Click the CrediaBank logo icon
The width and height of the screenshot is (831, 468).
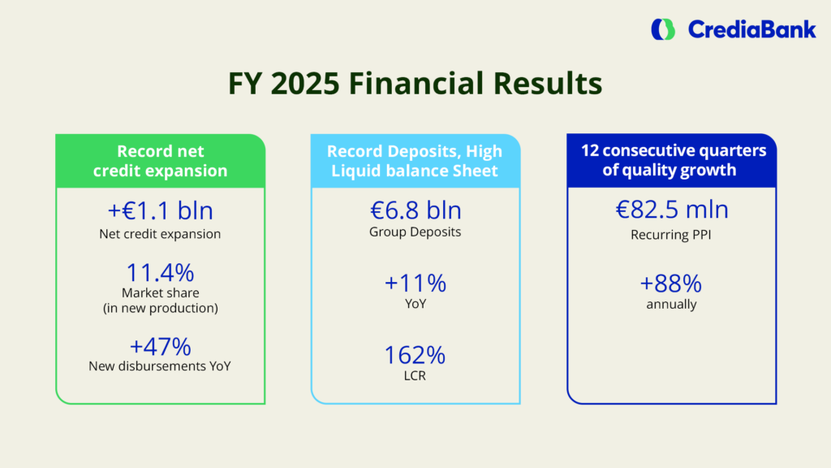click(x=663, y=30)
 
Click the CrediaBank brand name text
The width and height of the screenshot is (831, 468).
click(x=752, y=30)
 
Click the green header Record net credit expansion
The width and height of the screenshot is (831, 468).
click(x=160, y=161)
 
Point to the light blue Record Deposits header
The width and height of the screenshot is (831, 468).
click(x=415, y=161)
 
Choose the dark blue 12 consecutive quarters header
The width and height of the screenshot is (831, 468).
click(x=671, y=160)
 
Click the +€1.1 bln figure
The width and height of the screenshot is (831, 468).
click(x=160, y=210)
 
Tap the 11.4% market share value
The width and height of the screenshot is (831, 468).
click(x=160, y=273)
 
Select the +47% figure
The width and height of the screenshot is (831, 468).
click(x=160, y=346)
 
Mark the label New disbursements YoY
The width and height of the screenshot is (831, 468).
click(x=160, y=366)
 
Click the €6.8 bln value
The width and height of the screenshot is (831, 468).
click(x=415, y=210)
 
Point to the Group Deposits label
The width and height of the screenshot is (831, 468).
click(x=415, y=232)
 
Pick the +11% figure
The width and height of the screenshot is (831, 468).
click(x=415, y=284)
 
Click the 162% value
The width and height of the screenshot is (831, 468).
click(x=415, y=355)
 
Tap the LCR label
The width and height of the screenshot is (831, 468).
click(x=415, y=375)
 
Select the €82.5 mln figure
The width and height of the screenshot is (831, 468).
click(x=671, y=209)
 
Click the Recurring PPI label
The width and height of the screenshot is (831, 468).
click(x=671, y=235)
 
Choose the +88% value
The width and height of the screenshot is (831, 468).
click(x=671, y=284)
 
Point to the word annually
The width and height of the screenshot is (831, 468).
click(x=671, y=304)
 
